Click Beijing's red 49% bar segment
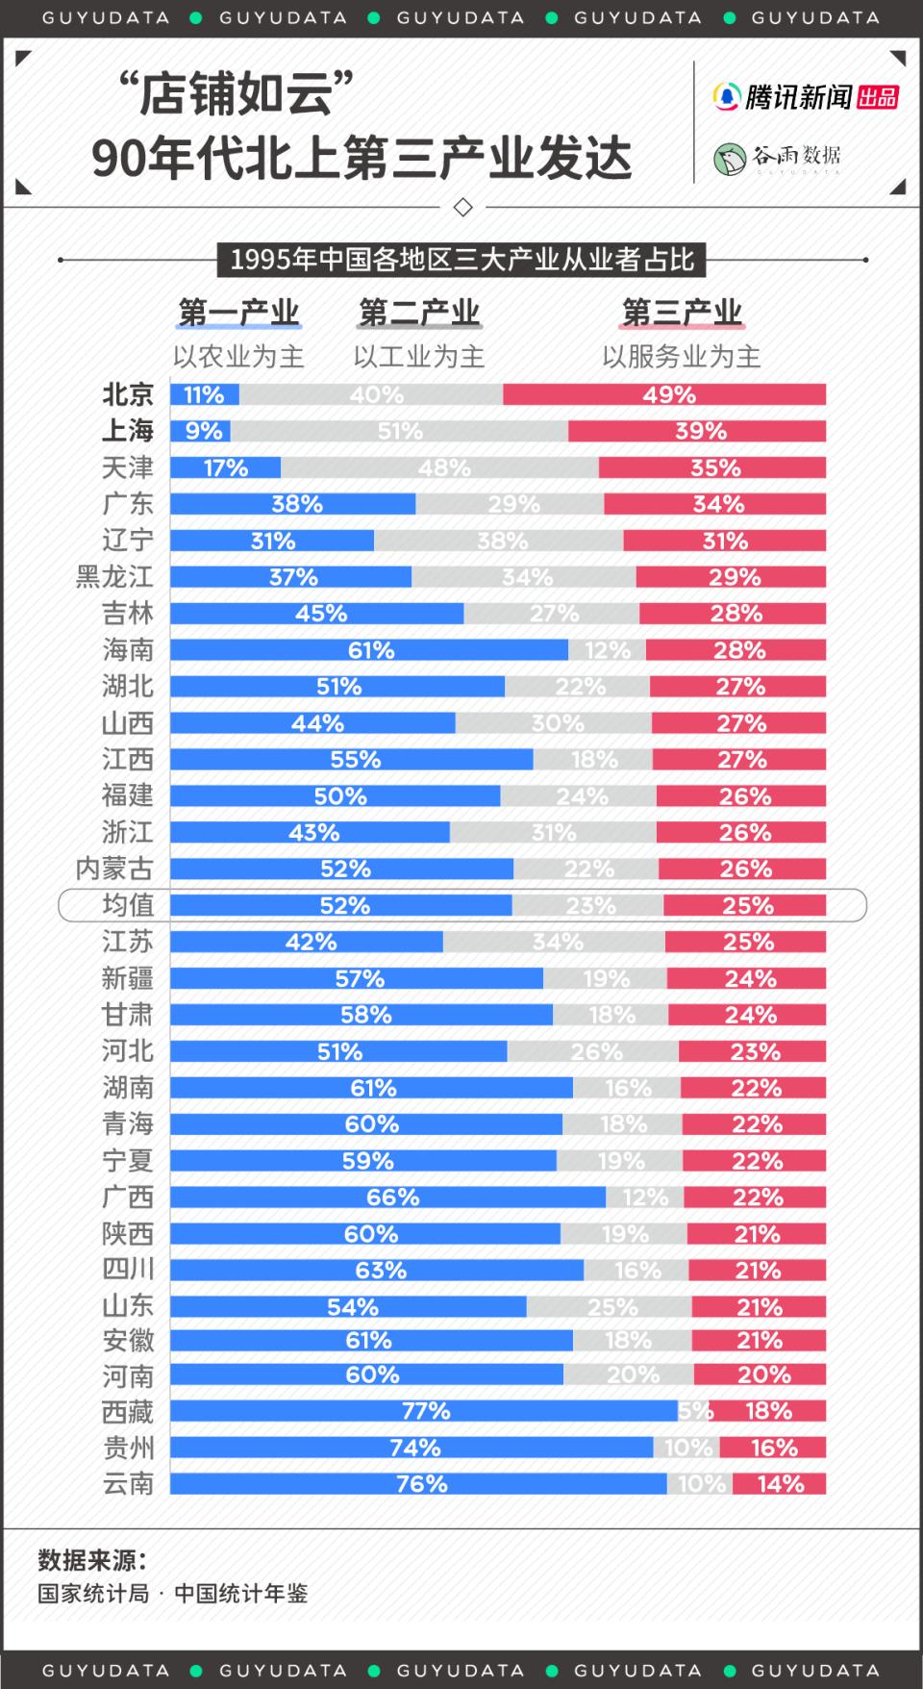pyautogui.click(x=663, y=394)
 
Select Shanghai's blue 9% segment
pyautogui.click(x=200, y=431)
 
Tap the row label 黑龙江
pyautogui.click(x=114, y=577)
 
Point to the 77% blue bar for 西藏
pyautogui.click(x=424, y=1411)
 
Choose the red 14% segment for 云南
pyautogui.click(x=779, y=1484)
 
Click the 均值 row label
pyautogui.click(x=128, y=906)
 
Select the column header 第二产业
pyautogui.click(x=419, y=313)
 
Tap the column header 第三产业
pyautogui.click(x=682, y=313)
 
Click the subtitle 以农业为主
pyautogui.click(x=238, y=357)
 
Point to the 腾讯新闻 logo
pyautogui.click(x=783, y=97)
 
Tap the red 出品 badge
pyautogui.click(x=878, y=97)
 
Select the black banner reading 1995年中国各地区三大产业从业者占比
pyautogui.click(x=461, y=260)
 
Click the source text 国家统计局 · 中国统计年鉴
pyautogui.click(x=173, y=1594)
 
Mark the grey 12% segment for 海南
pyautogui.click(x=607, y=650)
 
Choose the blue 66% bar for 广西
pyautogui.click(x=388, y=1197)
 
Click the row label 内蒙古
pyautogui.click(x=114, y=870)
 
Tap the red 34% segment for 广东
pyautogui.click(x=714, y=504)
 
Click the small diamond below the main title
pyautogui.click(x=462, y=207)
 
